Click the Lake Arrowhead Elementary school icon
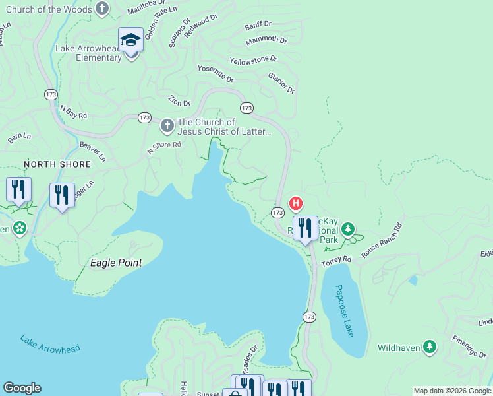[x=130, y=41]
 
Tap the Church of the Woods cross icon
[x=102, y=9]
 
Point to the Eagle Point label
[x=116, y=263]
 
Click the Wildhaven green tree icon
[x=430, y=346]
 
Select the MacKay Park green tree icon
[x=347, y=230]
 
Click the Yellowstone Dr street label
[x=253, y=61]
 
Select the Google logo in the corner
[x=22, y=388]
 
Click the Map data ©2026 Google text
[x=452, y=391]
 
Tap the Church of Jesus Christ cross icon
[x=167, y=125]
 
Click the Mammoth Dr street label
[x=266, y=41]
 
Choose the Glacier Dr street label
[x=281, y=83]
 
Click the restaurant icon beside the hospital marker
[x=304, y=228]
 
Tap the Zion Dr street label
[x=179, y=102]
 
